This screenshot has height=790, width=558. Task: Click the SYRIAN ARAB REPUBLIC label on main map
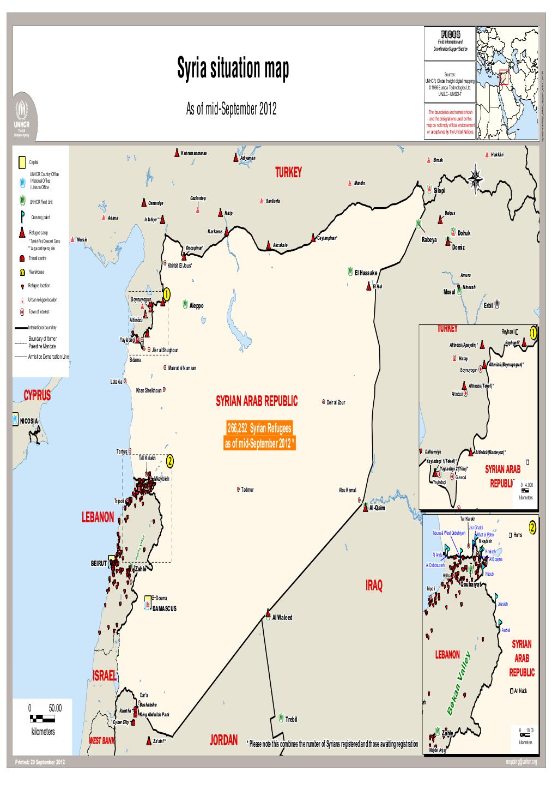(x=257, y=402)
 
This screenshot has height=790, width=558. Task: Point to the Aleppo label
(x=196, y=305)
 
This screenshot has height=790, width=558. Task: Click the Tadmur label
(x=247, y=489)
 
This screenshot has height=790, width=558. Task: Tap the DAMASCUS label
(x=164, y=608)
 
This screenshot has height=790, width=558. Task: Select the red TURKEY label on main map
(x=288, y=173)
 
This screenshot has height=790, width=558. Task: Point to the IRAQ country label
(x=374, y=586)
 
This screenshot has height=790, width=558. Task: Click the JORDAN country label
(x=224, y=740)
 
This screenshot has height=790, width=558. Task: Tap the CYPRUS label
(x=37, y=396)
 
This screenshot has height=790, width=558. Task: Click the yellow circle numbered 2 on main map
(x=170, y=462)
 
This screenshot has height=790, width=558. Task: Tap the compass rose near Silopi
(x=476, y=178)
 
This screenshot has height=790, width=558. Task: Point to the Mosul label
(x=450, y=292)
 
